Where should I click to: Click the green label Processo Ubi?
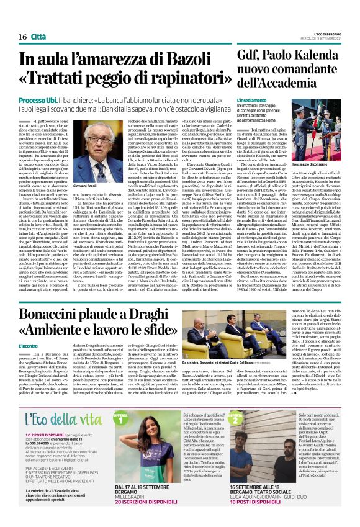click(x=40, y=100)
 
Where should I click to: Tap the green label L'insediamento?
click(x=251, y=99)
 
